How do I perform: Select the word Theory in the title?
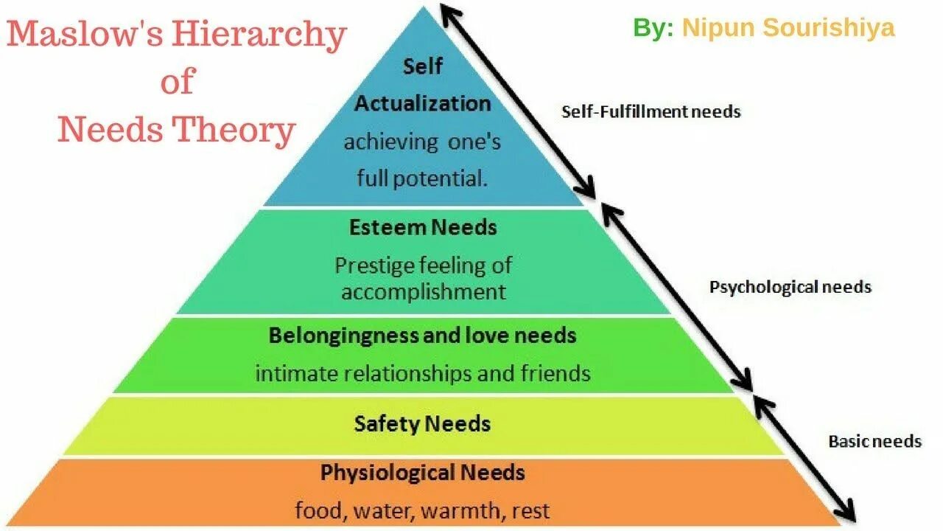(x=234, y=131)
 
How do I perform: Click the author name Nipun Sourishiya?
(x=788, y=28)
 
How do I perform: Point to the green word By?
(x=653, y=28)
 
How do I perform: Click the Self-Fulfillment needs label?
(x=651, y=112)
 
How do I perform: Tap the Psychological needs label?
(x=790, y=287)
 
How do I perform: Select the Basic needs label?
(x=874, y=441)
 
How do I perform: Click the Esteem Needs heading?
(x=423, y=227)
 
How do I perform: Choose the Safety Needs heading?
(x=422, y=424)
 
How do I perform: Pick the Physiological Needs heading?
(x=422, y=472)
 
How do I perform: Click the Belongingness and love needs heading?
(x=422, y=336)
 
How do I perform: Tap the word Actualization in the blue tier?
(x=422, y=103)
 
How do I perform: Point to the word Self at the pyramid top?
(x=422, y=66)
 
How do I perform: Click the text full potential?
(x=422, y=178)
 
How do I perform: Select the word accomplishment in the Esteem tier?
(x=424, y=291)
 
